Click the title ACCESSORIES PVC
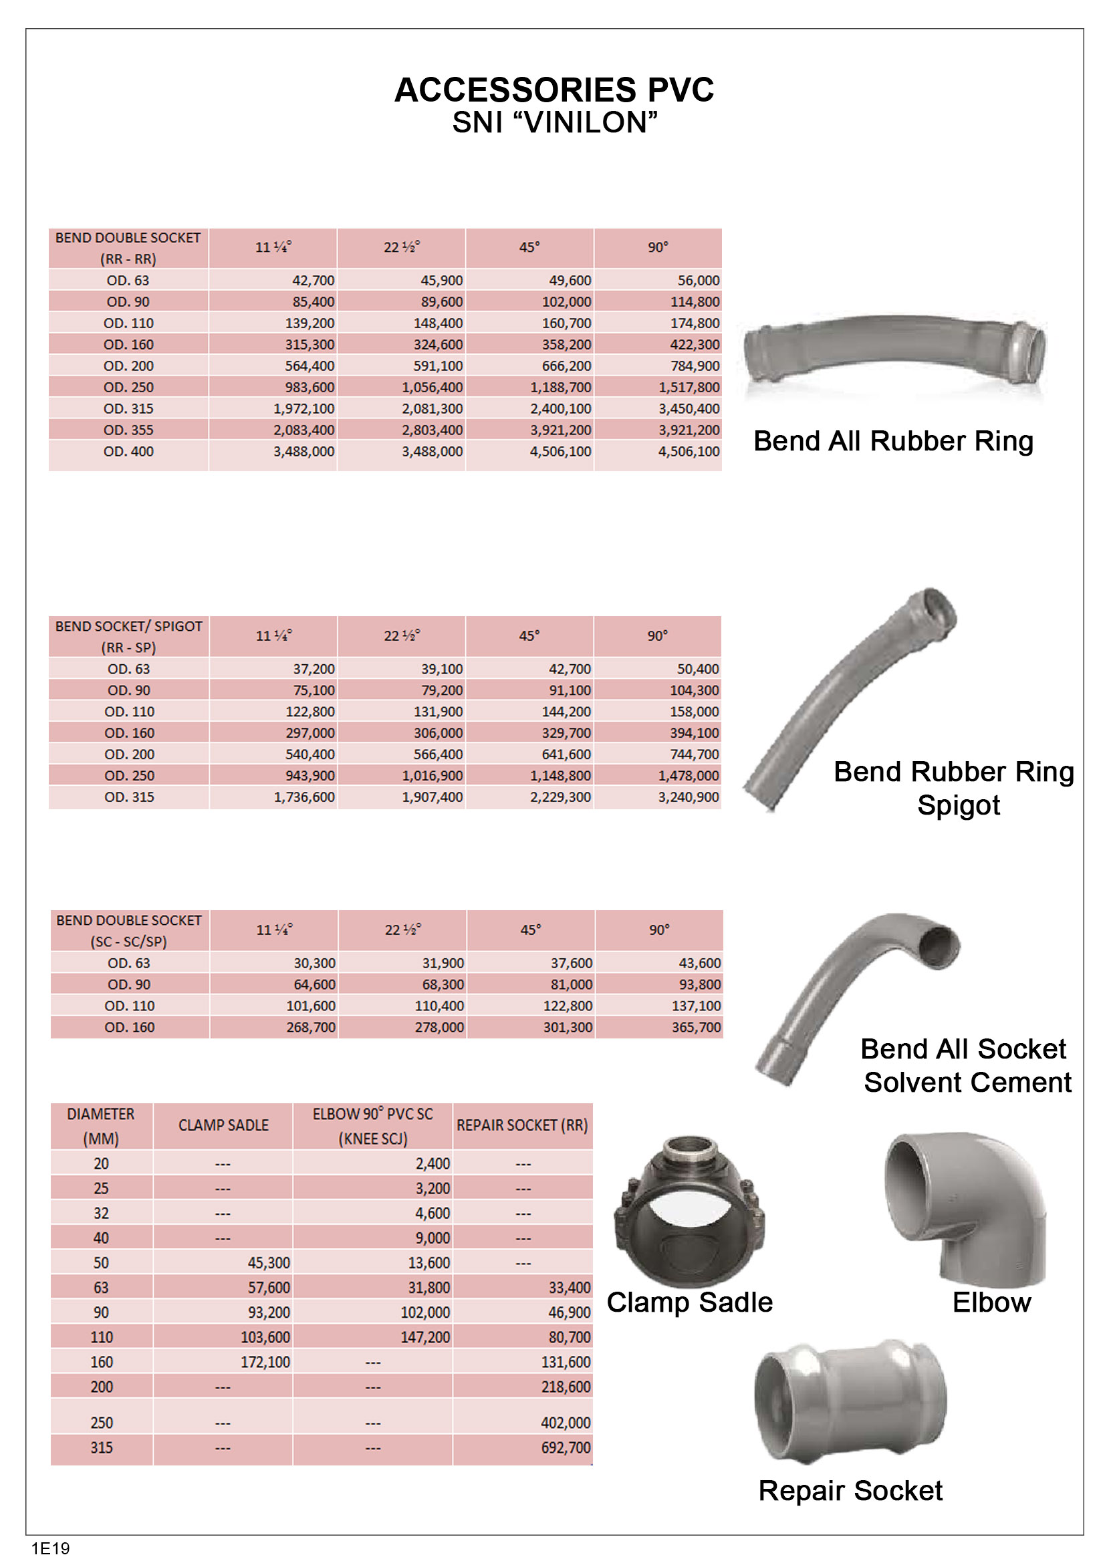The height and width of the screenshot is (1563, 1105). (x=554, y=90)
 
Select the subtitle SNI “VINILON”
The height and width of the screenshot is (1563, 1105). (x=554, y=122)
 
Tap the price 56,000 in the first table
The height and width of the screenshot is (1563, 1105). (x=698, y=281)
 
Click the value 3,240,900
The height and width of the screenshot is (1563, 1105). (x=688, y=797)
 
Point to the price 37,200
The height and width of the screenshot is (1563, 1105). (x=314, y=669)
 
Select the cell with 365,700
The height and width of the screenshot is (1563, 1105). (x=696, y=1027)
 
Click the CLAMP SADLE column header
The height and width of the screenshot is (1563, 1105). (x=223, y=1125)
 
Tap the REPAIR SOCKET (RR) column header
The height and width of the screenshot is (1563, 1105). (x=522, y=1125)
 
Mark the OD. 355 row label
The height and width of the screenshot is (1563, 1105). (x=128, y=430)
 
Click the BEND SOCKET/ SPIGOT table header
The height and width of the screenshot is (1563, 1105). (x=128, y=637)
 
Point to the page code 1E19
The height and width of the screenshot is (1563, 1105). (x=50, y=1549)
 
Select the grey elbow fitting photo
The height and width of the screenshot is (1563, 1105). (x=965, y=1208)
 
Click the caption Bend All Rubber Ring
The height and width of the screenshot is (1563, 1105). (x=892, y=441)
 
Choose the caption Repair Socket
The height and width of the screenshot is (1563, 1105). (x=850, y=1491)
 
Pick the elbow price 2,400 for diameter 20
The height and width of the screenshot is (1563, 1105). (x=433, y=1164)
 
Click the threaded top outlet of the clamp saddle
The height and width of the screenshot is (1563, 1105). (x=689, y=1150)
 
